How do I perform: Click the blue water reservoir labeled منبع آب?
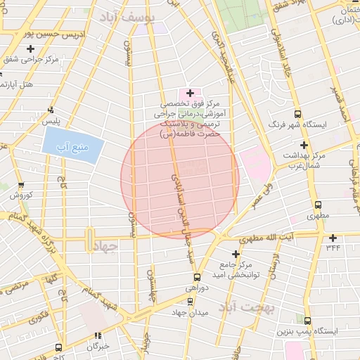coord(72,146)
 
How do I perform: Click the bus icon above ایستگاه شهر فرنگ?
coord(298,114)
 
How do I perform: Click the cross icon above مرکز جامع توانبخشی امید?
coord(236,253)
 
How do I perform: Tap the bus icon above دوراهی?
coord(197,277)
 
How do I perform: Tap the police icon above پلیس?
coord(51,110)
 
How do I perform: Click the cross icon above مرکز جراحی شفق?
coord(30,49)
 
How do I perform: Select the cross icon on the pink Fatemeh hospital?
coord(190,93)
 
